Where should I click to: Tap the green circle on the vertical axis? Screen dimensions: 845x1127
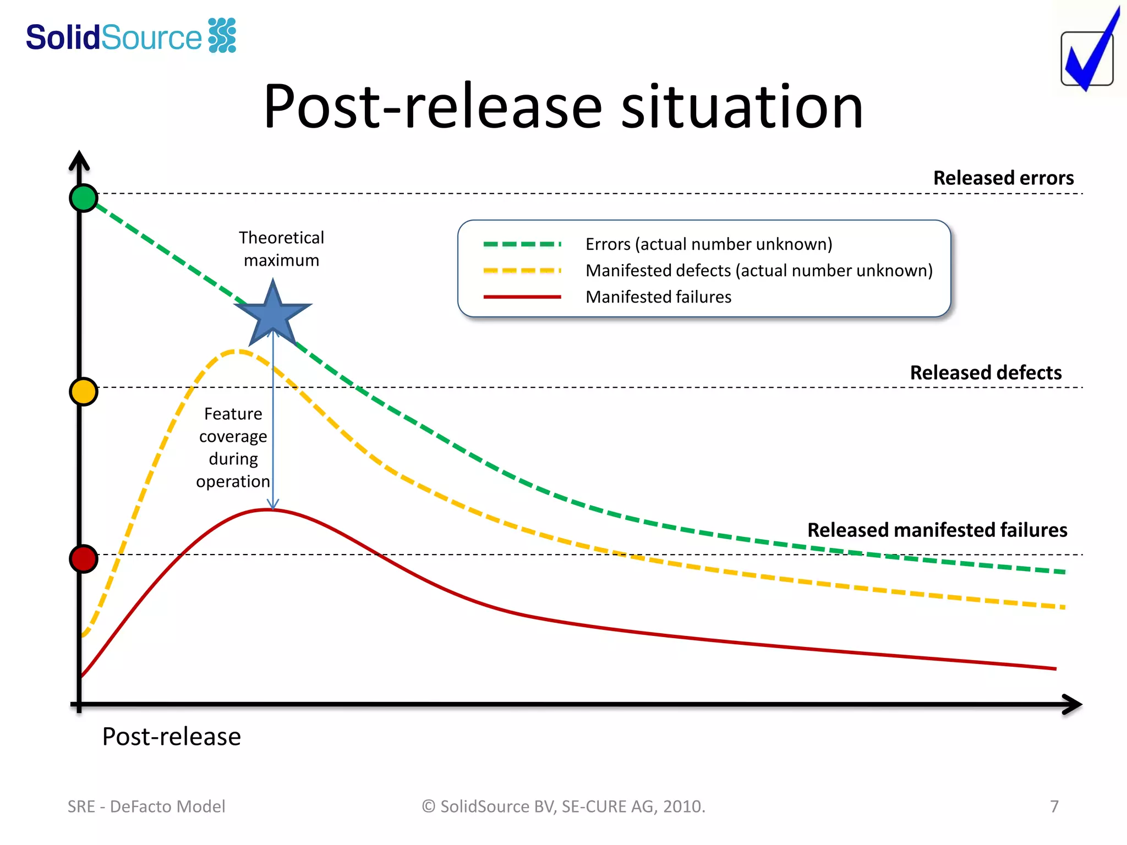point(84,198)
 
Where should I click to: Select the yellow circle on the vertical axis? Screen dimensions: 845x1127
point(84,392)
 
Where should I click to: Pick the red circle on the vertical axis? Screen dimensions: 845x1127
point(84,559)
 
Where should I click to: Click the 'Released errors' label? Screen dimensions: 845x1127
point(1003,178)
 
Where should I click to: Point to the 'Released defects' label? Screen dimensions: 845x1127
point(986,373)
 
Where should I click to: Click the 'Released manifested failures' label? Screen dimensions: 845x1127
point(937,530)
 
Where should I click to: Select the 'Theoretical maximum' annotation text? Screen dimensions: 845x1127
point(281,249)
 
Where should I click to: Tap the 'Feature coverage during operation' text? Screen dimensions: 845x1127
point(233,447)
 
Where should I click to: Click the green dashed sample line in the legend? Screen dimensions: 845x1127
point(522,244)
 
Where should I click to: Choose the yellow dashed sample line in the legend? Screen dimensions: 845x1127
point(522,271)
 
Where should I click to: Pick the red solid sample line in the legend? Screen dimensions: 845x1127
point(522,297)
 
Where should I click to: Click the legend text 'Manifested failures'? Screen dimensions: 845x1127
point(658,297)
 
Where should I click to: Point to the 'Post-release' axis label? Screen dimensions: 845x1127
point(172,737)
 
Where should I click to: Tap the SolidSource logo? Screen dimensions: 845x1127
point(131,36)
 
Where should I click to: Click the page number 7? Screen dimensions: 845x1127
point(1054,806)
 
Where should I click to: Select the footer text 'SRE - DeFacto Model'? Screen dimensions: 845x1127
point(146,806)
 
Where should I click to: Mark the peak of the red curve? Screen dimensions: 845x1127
point(269,510)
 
